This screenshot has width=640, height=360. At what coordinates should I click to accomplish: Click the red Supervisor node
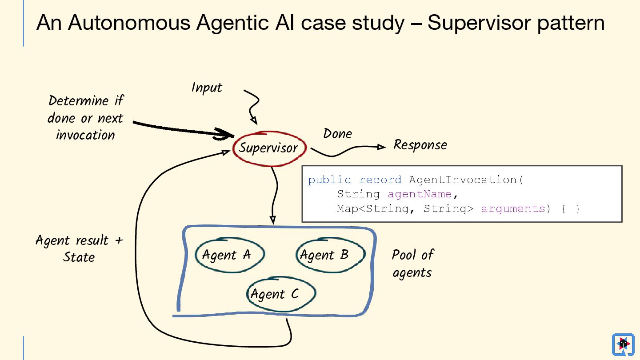269,148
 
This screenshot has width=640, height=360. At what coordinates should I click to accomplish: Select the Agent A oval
229,255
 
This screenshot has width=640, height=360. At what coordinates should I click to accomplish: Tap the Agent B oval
330,255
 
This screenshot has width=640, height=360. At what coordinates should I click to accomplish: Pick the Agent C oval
280,294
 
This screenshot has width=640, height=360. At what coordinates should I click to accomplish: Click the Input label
207,88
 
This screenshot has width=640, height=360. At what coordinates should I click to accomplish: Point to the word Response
420,145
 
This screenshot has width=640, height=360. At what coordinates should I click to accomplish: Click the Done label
337,134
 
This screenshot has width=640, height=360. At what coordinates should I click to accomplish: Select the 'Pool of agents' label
412,263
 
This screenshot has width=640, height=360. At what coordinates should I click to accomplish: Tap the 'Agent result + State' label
79,248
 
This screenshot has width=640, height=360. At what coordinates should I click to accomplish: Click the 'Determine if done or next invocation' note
85,118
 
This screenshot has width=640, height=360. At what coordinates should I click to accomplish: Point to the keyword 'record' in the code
380,180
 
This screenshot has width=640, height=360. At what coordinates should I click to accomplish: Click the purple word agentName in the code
419,194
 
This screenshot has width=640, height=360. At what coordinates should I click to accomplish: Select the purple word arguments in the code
512,208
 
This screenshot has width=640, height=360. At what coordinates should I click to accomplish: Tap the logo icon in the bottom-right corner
623,344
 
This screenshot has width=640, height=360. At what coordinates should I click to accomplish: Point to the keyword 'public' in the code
329,180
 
